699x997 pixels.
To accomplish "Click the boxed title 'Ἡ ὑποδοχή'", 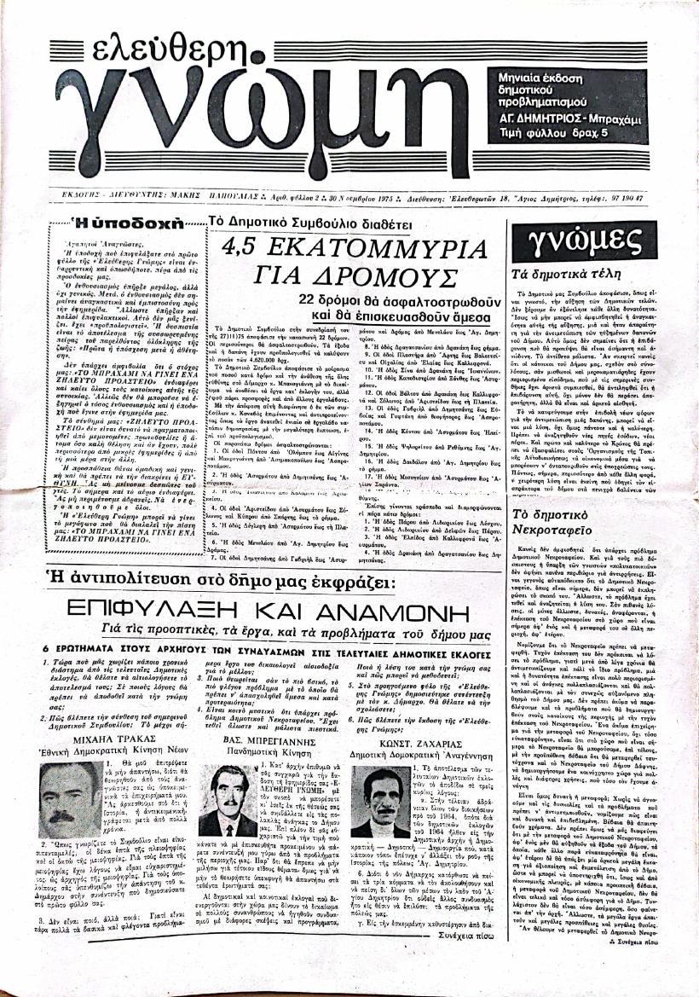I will click(x=140, y=224).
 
